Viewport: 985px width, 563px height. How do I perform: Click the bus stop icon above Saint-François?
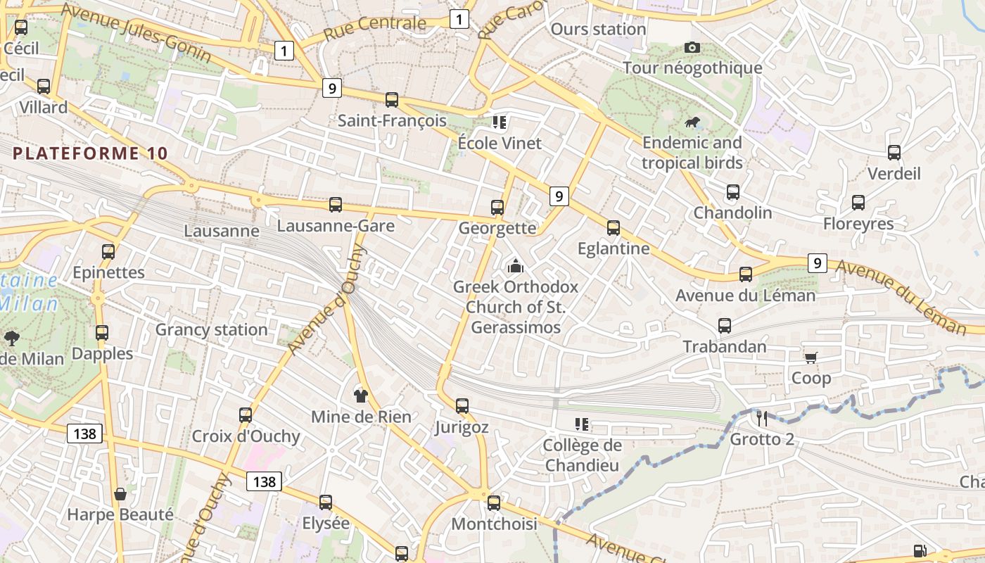pyautogui.click(x=392, y=100)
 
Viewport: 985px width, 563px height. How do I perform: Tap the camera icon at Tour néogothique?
pyautogui.click(x=692, y=47)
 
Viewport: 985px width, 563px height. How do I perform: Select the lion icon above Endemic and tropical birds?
pyautogui.click(x=692, y=122)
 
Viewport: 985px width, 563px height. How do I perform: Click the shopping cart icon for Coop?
pyautogui.click(x=811, y=358)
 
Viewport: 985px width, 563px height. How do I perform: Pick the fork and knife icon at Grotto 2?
pyautogui.click(x=762, y=419)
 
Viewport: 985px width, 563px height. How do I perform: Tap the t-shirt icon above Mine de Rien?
pyautogui.click(x=361, y=395)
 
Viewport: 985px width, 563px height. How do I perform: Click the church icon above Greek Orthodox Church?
pyautogui.click(x=516, y=266)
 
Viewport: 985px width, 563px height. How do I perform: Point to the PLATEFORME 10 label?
pyautogui.click(x=90, y=153)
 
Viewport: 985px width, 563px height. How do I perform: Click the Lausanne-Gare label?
pyautogui.click(x=335, y=226)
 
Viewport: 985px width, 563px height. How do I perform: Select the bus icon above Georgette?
pyautogui.click(x=497, y=207)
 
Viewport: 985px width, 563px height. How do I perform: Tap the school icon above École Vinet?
pyautogui.click(x=500, y=122)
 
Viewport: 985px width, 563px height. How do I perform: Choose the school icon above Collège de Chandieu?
pyautogui.click(x=582, y=424)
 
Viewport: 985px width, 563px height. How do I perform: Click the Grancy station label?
pyautogui.click(x=211, y=329)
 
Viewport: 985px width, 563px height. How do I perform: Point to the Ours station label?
pyautogui.click(x=598, y=29)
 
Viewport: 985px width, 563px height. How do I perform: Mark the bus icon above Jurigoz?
pyautogui.click(x=462, y=406)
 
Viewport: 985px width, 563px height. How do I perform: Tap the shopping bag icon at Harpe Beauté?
pyautogui.click(x=120, y=494)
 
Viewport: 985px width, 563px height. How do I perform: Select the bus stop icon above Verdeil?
pyautogui.click(x=894, y=153)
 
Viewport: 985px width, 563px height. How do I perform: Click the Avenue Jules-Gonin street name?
pyautogui.click(x=136, y=32)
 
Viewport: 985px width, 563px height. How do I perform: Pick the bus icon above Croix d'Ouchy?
pyautogui.click(x=246, y=415)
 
